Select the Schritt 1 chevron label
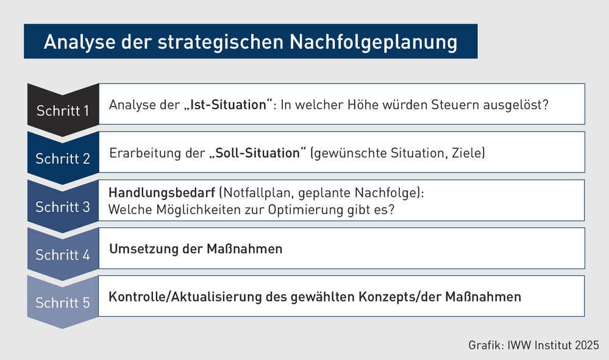(63, 111)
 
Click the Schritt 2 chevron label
(63, 158)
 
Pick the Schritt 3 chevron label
(63, 206)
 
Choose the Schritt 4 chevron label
(63, 255)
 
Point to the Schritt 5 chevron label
(63, 303)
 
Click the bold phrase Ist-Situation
(229, 105)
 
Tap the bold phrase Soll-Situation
(258, 153)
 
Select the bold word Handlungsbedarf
(162, 193)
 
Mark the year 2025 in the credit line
(587, 345)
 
